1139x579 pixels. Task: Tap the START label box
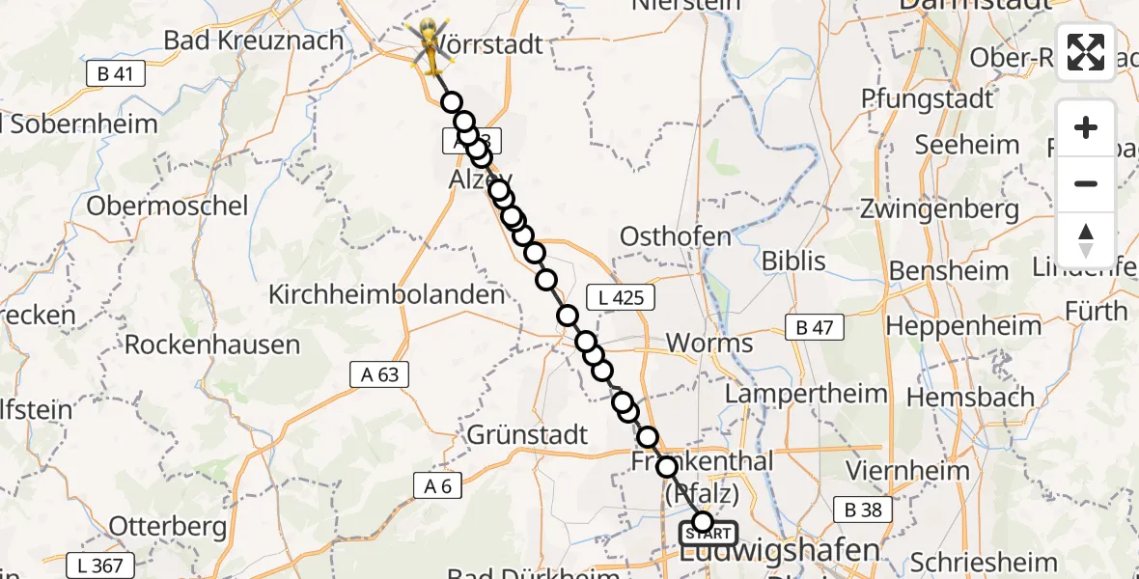709,534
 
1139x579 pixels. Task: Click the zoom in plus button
1086,128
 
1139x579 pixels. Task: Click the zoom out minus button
1086,183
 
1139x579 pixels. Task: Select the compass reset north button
1086,239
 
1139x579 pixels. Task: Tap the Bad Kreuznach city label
254,41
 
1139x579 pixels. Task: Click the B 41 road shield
115,73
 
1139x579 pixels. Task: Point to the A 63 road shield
379,374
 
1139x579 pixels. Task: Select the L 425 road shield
620,298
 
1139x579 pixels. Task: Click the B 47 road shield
814,328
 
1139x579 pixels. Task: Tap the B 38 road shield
863,510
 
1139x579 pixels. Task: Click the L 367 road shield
100,565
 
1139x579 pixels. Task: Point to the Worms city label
708,343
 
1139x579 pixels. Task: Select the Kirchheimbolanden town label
387,294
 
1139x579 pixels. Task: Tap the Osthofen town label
675,236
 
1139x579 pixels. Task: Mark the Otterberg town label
168,527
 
